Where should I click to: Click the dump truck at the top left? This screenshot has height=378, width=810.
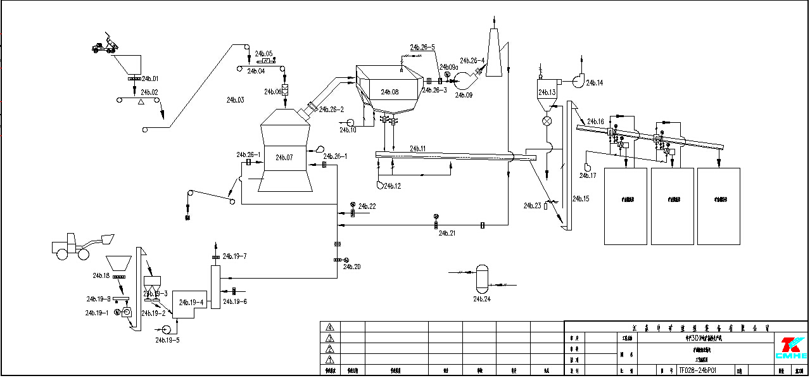(x=105, y=45)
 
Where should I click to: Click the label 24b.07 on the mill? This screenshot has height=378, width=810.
(x=285, y=157)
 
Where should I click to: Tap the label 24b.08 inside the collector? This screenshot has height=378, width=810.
(x=390, y=92)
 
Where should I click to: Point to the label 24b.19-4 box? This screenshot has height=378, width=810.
(x=191, y=302)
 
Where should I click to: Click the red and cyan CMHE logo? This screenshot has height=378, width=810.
(x=791, y=348)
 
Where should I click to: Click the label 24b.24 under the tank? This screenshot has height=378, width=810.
(x=482, y=298)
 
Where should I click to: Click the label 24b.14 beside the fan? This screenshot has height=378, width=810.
(x=595, y=83)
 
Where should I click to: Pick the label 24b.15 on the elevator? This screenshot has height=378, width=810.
(x=581, y=199)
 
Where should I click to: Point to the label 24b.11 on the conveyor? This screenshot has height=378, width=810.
(x=417, y=149)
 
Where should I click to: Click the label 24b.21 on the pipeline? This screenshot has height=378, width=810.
(x=447, y=233)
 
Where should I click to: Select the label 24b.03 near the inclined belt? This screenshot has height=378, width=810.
(x=235, y=100)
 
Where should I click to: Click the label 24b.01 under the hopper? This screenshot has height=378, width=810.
(x=150, y=79)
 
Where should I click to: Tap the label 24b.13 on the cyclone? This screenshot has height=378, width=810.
(x=547, y=92)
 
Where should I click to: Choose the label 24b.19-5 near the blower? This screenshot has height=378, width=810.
(x=167, y=340)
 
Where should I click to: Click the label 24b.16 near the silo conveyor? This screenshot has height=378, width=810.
(x=596, y=121)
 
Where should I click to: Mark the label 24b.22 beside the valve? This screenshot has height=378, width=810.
(x=367, y=206)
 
